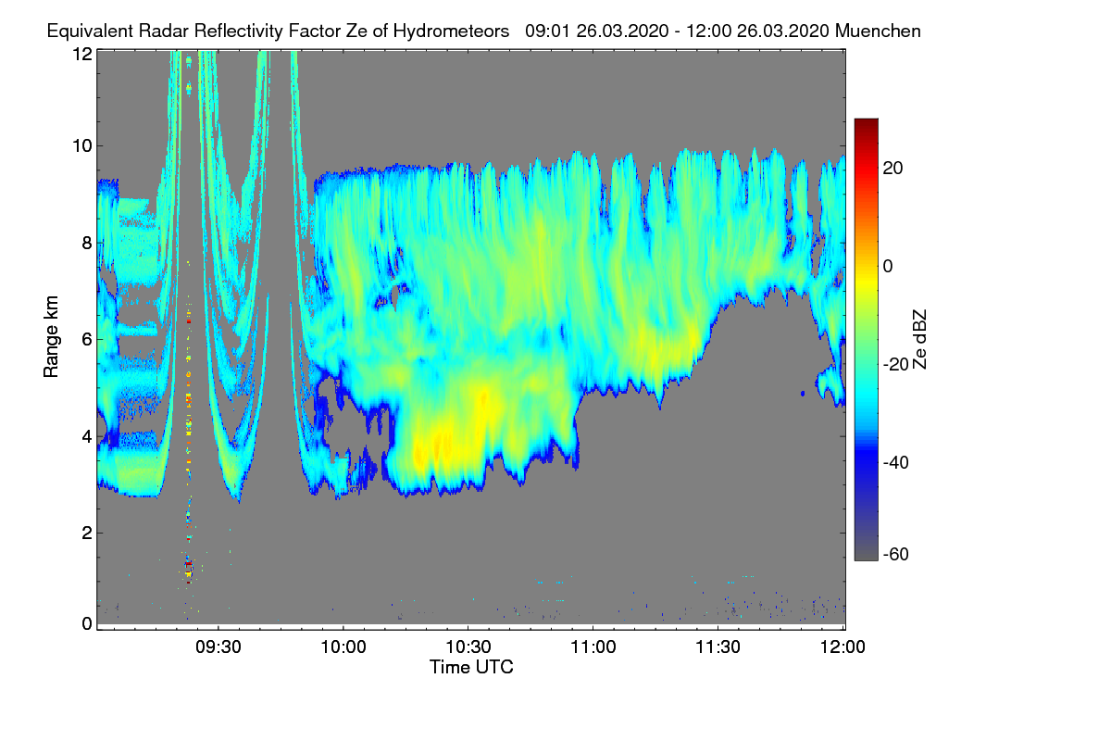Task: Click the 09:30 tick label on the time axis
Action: (218, 647)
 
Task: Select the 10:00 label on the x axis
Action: (343, 647)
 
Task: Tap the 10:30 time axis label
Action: (468, 647)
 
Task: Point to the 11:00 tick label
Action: (593, 647)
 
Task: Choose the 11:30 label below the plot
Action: (718, 647)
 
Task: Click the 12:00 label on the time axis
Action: (843, 647)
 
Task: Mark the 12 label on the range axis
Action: (82, 54)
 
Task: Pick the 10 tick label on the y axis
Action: (82, 146)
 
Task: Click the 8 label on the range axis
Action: (87, 243)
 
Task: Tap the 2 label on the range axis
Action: (87, 533)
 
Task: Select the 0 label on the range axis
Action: (87, 623)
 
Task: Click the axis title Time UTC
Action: (471, 667)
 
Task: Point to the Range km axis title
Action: (51, 336)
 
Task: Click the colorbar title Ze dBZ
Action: (919, 340)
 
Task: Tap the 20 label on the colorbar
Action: (893, 169)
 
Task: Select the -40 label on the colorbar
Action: (896, 462)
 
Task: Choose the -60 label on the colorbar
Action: (896, 555)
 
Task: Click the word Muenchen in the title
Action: (878, 31)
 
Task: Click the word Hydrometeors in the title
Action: (452, 31)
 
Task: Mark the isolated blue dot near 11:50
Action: (803, 394)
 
